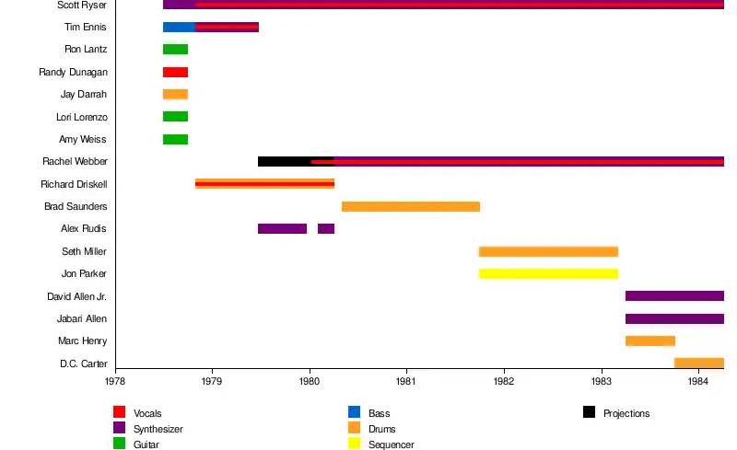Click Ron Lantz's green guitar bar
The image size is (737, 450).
(175, 50)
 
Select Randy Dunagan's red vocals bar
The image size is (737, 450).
(175, 72)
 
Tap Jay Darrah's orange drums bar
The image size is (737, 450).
(175, 94)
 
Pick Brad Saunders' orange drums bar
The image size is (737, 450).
(410, 206)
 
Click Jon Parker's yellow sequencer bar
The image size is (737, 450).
(548, 273)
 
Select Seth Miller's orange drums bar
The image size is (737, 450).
(548, 251)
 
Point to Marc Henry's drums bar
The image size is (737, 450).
(649, 340)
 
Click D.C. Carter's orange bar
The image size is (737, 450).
(699, 363)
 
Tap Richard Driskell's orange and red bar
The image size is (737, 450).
(264, 184)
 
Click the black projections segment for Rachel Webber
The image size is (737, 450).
(284, 161)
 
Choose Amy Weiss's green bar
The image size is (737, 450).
(175, 139)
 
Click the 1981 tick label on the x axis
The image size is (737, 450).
(406, 379)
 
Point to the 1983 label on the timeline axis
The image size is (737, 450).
(602, 379)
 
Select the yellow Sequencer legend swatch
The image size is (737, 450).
(354, 444)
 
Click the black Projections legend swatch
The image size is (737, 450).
(589, 412)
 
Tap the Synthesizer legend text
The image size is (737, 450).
(158, 429)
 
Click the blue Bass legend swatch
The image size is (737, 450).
(354, 412)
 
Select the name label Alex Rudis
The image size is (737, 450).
(84, 229)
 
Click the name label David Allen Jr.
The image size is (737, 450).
(77, 296)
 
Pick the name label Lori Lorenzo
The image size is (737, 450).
(82, 117)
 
